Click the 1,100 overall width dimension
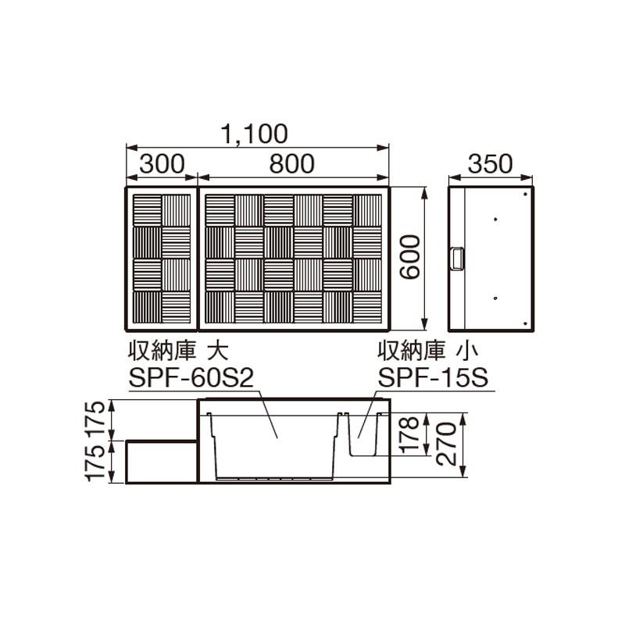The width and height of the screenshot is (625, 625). pyautogui.click(x=253, y=134)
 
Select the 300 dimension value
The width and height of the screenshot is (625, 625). pyautogui.click(x=162, y=164)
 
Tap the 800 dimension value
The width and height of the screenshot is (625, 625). pyautogui.click(x=291, y=164)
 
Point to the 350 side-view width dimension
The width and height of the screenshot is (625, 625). pyautogui.click(x=490, y=164)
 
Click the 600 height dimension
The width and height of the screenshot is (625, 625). pyautogui.click(x=410, y=258)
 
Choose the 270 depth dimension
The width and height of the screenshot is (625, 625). pyautogui.click(x=445, y=445)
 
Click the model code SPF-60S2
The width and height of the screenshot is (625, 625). pyautogui.click(x=191, y=377)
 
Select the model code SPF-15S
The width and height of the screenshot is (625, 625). pyautogui.click(x=433, y=377)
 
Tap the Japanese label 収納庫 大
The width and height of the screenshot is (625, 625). pyautogui.click(x=178, y=350)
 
